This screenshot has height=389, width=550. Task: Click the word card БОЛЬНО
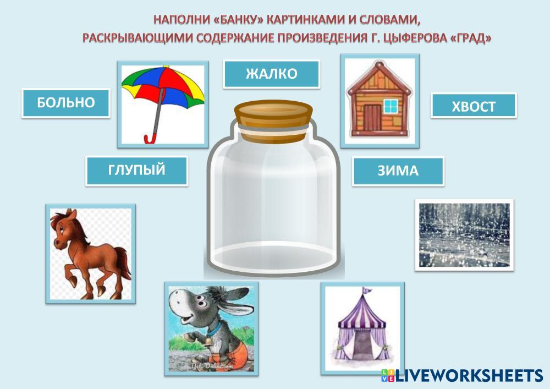pyautogui.click(x=66, y=103)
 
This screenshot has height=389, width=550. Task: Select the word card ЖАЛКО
pyautogui.click(x=272, y=74)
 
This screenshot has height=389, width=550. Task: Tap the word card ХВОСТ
pyautogui.click(x=474, y=106)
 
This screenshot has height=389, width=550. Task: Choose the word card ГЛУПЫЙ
pyautogui.click(x=137, y=171)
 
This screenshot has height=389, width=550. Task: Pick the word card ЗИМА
pyautogui.click(x=398, y=171)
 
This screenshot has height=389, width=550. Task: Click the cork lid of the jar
pyautogui.click(x=273, y=121)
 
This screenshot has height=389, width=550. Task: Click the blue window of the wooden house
pyautogui.click(x=391, y=106)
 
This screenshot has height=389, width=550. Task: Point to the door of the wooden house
pyautogui.click(x=372, y=118)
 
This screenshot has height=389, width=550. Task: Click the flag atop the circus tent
pyautogui.click(x=367, y=291)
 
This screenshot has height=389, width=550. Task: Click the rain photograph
pyautogui.click(x=464, y=235)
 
